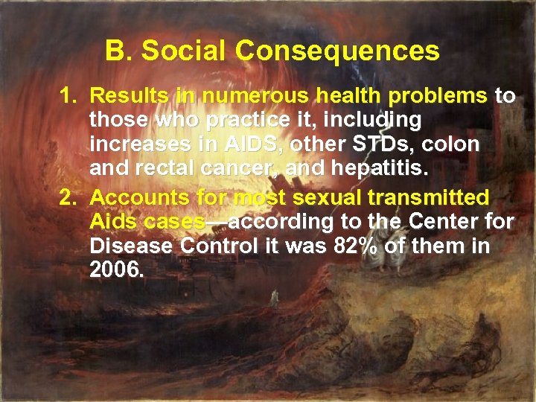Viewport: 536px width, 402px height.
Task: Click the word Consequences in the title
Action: [337, 51]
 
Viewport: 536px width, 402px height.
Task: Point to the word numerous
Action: [257, 95]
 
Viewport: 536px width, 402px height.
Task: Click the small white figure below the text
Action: [273, 298]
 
